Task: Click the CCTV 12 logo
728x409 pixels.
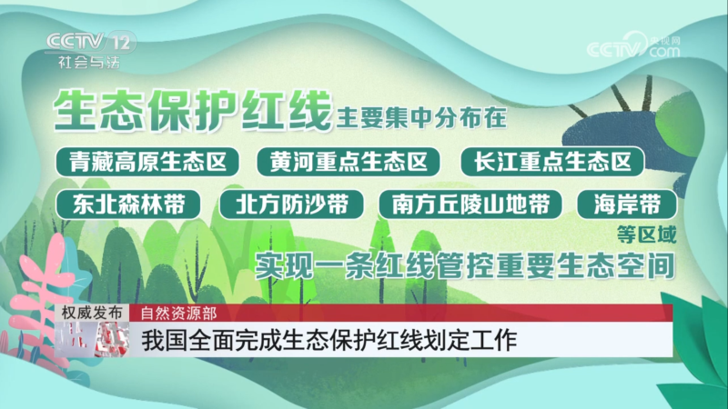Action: [x=90, y=42]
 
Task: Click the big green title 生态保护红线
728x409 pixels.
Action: [x=193, y=110]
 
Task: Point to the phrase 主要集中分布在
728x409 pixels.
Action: [x=421, y=118]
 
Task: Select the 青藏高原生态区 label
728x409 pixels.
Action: [x=147, y=162]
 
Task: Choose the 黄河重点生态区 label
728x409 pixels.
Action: [x=349, y=162]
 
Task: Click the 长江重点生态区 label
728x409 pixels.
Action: [x=552, y=162]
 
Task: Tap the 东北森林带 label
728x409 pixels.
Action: [x=128, y=204]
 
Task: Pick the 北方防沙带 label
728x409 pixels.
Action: [x=291, y=204]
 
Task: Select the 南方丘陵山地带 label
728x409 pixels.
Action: [x=470, y=204]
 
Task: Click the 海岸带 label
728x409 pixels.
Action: [x=627, y=204]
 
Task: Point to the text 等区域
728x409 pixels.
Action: [x=647, y=234]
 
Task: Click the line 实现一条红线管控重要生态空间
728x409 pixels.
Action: [x=465, y=266]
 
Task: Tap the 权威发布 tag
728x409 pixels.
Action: [x=92, y=313]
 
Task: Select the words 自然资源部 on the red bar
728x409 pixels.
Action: [x=178, y=314]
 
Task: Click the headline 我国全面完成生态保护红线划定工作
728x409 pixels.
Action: [x=329, y=340]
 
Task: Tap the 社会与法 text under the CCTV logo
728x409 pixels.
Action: [x=89, y=62]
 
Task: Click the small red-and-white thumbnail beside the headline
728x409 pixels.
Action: [x=92, y=339]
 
